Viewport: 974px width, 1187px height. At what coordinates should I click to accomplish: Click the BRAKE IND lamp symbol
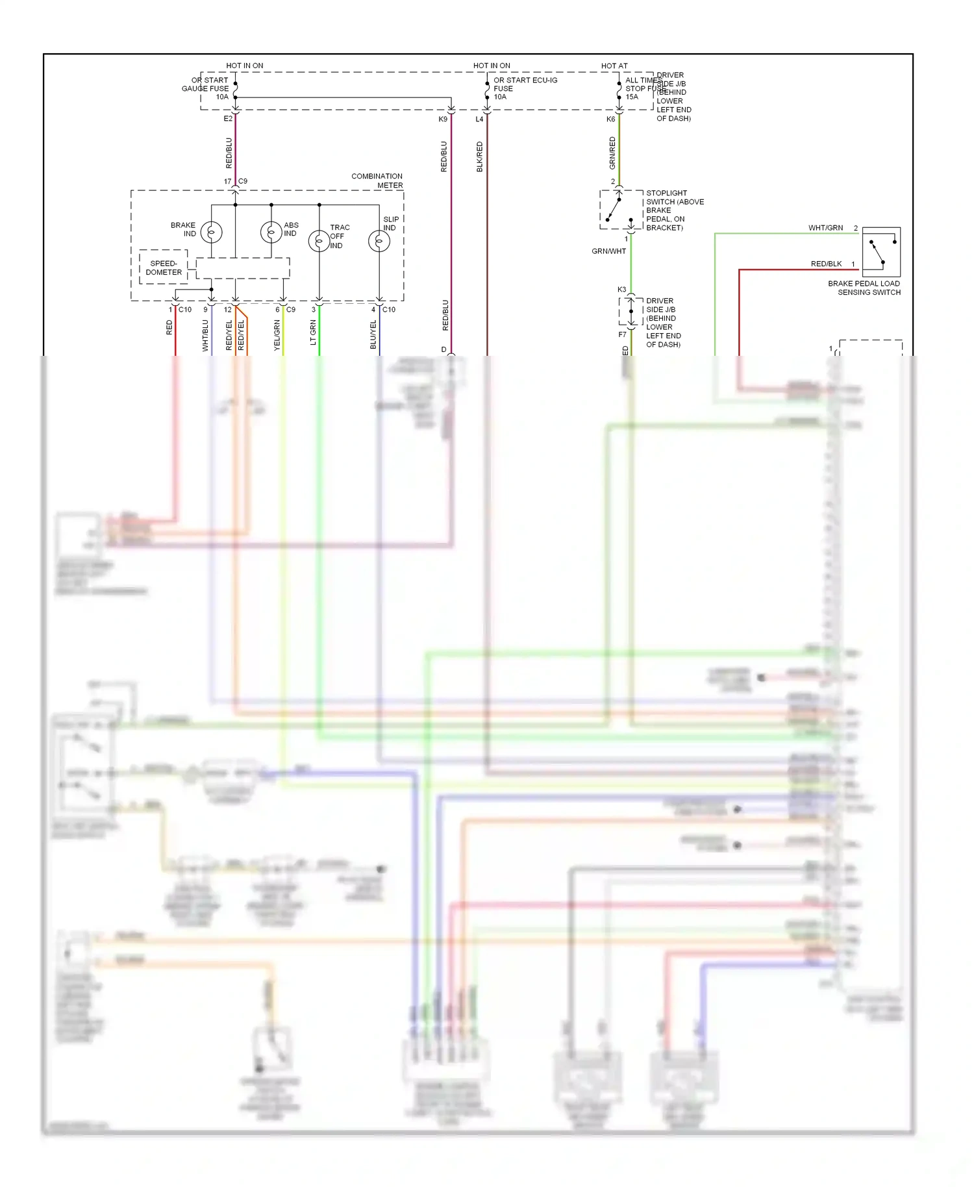coord(212,232)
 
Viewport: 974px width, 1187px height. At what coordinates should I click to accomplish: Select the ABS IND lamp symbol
coord(271,232)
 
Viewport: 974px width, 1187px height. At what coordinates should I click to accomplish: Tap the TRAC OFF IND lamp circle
coord(319,241)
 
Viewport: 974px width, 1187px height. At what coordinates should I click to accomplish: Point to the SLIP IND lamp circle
coord(379,241)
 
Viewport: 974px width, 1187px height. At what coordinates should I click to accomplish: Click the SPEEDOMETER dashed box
coord(164,268)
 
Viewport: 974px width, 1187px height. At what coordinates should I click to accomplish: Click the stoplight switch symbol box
coord(621,210)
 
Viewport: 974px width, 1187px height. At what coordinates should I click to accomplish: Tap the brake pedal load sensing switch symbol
coord(881,253)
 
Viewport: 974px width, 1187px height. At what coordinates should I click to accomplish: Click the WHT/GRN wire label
coord(825,228)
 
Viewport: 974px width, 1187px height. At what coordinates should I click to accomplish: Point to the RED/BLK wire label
coord(826,264)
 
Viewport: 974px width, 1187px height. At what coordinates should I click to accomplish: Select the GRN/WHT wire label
coord(608,251)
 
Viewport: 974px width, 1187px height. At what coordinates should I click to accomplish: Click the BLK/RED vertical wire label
coord(480,156)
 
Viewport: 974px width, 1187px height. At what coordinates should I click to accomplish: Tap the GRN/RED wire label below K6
coord(612,153)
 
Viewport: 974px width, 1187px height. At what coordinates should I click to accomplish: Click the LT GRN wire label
coord(313,332)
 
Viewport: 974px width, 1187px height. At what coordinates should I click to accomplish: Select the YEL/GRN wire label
coord(277,335)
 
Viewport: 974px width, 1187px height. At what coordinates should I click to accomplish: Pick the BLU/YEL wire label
coord(373,334)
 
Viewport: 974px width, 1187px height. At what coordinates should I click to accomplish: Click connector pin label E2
coord(228,119)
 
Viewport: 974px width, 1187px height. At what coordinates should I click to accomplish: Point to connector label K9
coord(443,119)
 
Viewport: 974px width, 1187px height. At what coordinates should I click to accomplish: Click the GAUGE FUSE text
coord(205,89)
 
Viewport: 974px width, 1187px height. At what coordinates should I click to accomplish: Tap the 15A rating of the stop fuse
coord(632,97)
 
